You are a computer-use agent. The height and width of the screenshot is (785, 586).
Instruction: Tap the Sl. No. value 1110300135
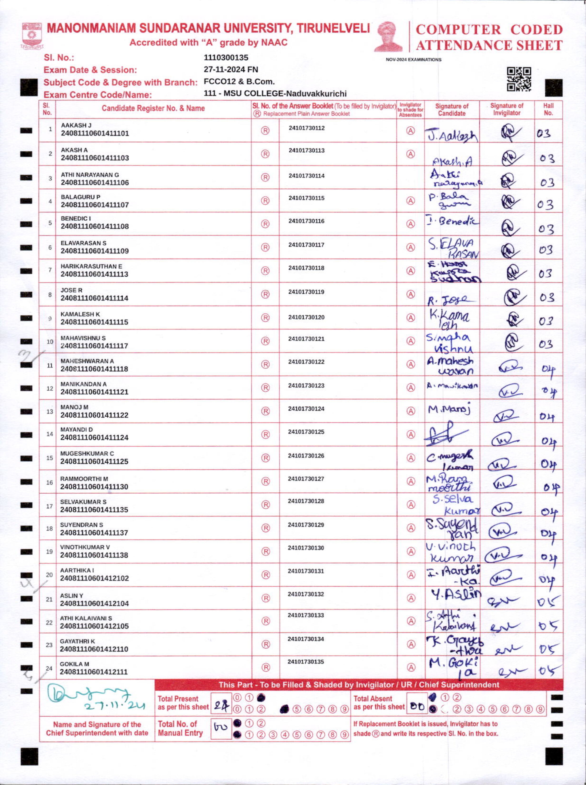(226, 57)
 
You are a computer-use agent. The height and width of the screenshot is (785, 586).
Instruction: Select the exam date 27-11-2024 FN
(231, 70)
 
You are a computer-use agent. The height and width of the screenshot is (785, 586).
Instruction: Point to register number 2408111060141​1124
(94, 438)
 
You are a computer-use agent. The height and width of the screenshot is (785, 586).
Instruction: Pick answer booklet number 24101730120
(306, 317)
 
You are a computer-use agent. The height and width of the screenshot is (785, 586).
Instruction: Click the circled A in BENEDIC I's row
(410, 224)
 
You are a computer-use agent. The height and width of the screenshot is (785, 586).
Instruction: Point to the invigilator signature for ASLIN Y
(503, 600)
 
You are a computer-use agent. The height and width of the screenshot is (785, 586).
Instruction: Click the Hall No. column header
(548, 109)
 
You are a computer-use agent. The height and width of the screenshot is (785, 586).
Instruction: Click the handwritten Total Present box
(221, 703)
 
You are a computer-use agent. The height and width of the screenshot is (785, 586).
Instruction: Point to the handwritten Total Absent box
(417, 703)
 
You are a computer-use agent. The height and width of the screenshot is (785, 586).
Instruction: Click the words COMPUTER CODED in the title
(489, 30)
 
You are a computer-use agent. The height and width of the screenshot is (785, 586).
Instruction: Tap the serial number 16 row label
(50, 483)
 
